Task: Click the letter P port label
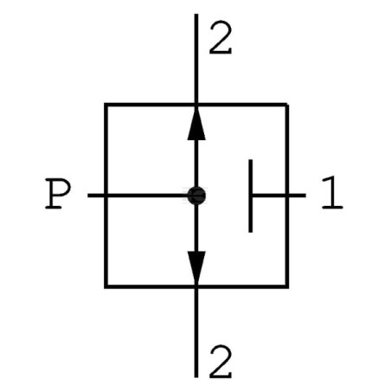pyautogui.click(x=58, y=194)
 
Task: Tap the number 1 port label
pyautogui.click(x=332, y=193)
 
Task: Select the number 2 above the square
pyautogui.click(x=221, y=37)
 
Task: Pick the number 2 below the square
pyautogui.click(x=221, y=362)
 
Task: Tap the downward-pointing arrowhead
pyautogui.click(x=196, y=267)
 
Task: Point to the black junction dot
pyautogui.click(x=196, y=195)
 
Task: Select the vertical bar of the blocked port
pyautogui.click(x=251, y=195)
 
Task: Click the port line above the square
pyautogui.click(x=196, y=58)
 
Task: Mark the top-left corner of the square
pyautogui.click(x=106, y=105)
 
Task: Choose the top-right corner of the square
pyautogui.click(x=287, y=105)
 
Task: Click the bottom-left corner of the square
pyautogui.click(x=106, y=286)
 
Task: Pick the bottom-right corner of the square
pyautogui.click(x=287, y=286)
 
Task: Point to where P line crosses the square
pyautogui.click(x=106, y=195)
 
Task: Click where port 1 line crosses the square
pyautogui.click(x=287, y=195)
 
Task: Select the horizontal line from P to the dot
pyautogui.click(x=138, y=195)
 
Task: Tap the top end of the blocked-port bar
pyautogui.click(x=251, y=159)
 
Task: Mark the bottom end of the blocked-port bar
pyautogui.click(x=251, y=232)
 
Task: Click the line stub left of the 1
pyautogui.click(x=279, y=195)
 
